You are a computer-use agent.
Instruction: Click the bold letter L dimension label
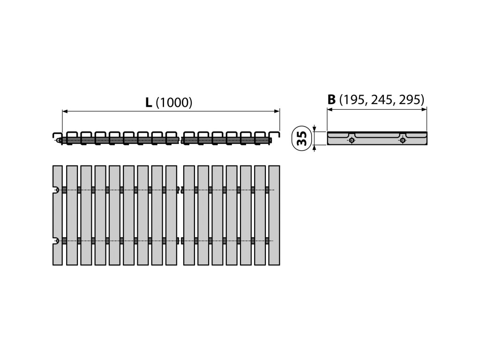click(x=148, y=103)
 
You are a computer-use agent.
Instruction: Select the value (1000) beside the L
click(x=173, y=103)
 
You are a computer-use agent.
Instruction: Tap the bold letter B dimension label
click(x=331, y=99)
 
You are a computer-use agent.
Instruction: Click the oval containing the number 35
click(x=302, y=138)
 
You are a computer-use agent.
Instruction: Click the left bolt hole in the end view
click(x=352, y=140)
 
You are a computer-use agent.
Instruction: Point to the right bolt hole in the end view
click(x=402, y=140)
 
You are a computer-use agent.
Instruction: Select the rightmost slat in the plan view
click(x=274, y=215)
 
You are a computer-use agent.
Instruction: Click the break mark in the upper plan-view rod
click(x=180, y=190)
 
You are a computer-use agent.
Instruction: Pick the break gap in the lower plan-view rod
click(x=180, y=241)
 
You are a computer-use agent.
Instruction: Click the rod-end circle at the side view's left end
click(x=58, y=140)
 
